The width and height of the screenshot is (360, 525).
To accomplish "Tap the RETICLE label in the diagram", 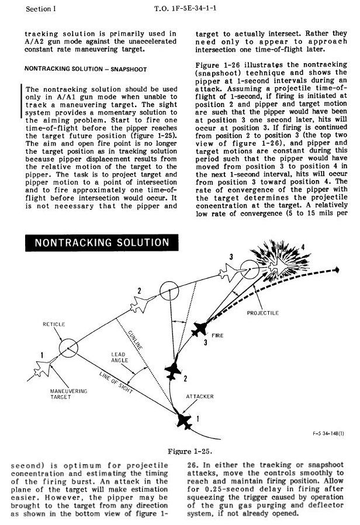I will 53,324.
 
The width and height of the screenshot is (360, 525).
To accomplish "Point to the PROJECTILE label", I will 263,313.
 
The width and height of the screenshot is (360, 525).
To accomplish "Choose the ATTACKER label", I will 200,396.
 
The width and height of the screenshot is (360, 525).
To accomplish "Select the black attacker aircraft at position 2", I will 172,369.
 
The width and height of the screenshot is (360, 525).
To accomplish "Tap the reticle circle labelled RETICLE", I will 67,348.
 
